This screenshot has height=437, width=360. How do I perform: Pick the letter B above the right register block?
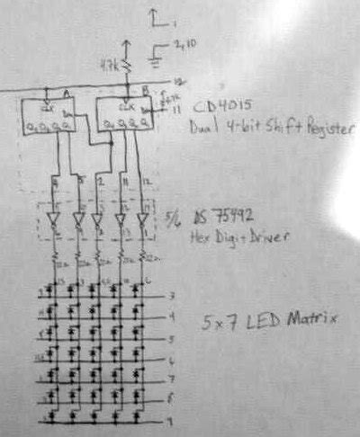click(x=145, y=91)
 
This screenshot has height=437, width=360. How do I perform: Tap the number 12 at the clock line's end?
click(x=180, y=82)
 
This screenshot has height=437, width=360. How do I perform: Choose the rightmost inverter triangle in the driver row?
click(x=141, y=218)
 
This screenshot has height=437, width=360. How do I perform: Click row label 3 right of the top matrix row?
click(x=170, y=296)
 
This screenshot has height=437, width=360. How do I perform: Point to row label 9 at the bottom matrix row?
click(x=169, y=421)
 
